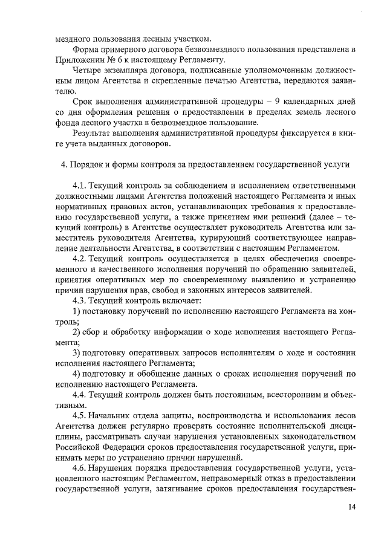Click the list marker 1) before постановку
point(76,311)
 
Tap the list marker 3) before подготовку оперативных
point(76,352)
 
